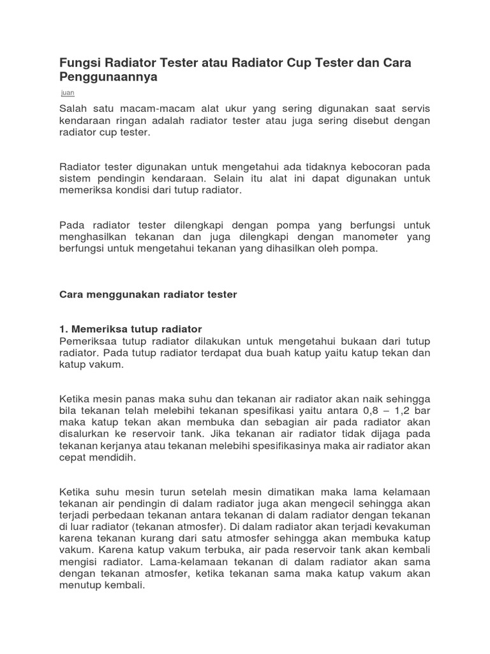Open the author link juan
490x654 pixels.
coord(67,93)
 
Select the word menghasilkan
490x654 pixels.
coord(92,237)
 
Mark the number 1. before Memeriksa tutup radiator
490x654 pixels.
coord(63,329)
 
